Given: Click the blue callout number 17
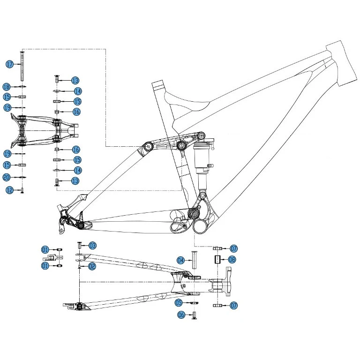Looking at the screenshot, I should click(x=9, y=64).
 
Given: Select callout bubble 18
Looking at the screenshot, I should click(x=7, y=87).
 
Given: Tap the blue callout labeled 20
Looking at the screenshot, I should click(x=7, y=177).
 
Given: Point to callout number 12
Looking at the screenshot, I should click(x=9, y=189).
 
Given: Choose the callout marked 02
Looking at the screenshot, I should click(x=92, y=266).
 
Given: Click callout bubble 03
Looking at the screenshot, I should click(x=92, y=245).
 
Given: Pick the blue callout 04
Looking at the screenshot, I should click(x=180, y=260).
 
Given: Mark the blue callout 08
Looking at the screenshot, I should click(x=232, y=259).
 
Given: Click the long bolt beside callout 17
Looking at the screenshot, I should click(x=22, y=65).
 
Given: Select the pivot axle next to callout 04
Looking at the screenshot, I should click(x=192, y=260).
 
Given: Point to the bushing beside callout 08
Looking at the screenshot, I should click(x=217, y=260).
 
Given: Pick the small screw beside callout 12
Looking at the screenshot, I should click(x=22, y=190).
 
